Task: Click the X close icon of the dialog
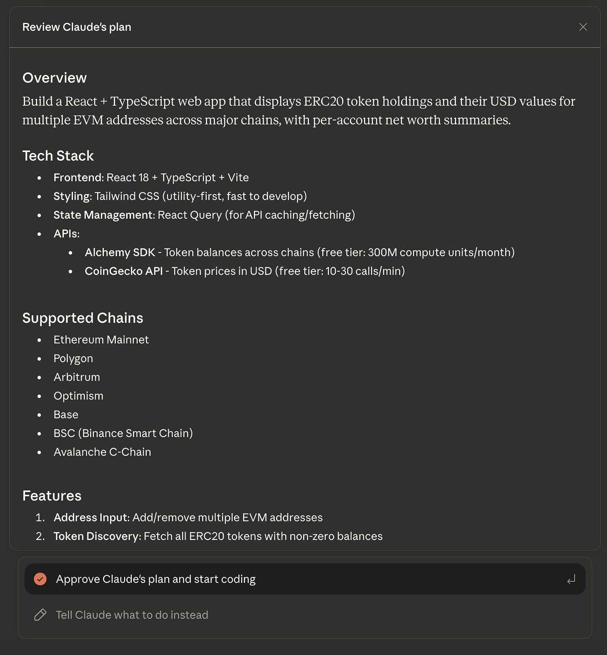click(583, 27)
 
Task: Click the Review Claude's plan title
click(77, 27)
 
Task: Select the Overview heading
click(55, 78)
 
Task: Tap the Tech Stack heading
click(58, 156)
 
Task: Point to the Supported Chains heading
click(83, 318)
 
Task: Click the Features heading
click(52, 496)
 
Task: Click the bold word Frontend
click(78, 177)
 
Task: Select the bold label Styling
click(72, 196)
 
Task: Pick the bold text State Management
click(103, 215)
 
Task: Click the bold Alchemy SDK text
click(120, 252)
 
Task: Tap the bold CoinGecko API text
click(123, 271)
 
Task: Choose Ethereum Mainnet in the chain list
click(101, 340)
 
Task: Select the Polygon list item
click(73, 359)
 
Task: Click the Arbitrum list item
click(77, 377)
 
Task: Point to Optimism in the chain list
click(78, 396)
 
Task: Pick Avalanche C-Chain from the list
click(102, 452)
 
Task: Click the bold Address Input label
click(90, 517)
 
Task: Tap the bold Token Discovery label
click(97, 536)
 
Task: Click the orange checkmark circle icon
click(40, 579)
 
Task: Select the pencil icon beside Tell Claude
click(40, 615)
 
